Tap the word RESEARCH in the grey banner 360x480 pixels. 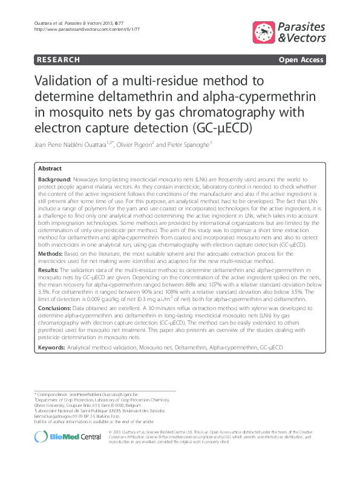click(58, 60)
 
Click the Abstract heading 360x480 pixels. click(50, 169)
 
